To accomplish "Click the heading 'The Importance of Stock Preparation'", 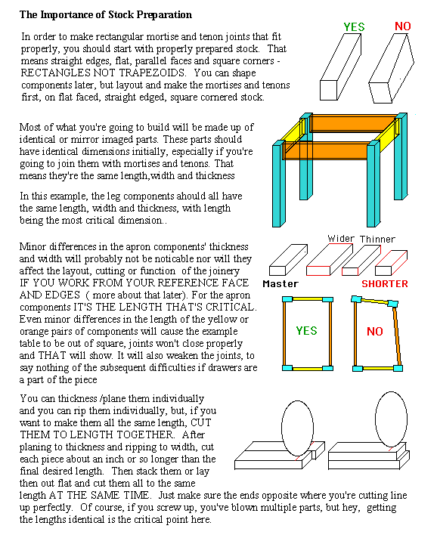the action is pos(105,15).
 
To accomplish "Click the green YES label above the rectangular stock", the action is pos(354,26).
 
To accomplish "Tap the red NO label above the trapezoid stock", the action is pos(403,26).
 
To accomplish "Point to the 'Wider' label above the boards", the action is pos(341,238).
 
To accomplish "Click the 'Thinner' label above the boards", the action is pos(377,239).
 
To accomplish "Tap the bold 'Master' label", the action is pos(280,284).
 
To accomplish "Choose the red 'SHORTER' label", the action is pos(385,284).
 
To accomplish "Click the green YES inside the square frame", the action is pos(306,331).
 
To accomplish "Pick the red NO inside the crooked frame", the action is pos(374,332).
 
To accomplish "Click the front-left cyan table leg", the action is pos(278,184).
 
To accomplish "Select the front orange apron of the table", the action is pos(326,151).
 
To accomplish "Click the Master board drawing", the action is pos(288,260).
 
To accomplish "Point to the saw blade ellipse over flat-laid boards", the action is pos(297,428).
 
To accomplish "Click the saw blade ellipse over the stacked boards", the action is pos(391,419).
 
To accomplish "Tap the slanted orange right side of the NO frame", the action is pos(396,335).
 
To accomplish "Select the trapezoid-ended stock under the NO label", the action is pos(392,69).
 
